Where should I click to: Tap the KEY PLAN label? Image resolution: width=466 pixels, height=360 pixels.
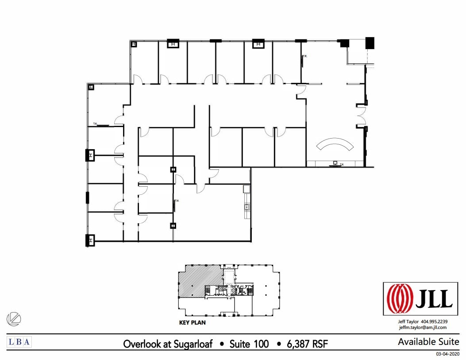192,323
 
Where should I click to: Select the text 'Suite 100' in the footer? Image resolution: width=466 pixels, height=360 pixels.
249,344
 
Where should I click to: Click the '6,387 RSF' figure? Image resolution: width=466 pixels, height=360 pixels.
305,344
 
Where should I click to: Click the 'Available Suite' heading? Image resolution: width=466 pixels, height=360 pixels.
428,341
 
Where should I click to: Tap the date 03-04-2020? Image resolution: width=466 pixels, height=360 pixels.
447,354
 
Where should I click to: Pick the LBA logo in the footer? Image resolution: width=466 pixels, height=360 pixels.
19,341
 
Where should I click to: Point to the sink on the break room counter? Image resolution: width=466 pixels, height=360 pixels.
246,207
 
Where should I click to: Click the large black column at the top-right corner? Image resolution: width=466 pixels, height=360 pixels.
370,43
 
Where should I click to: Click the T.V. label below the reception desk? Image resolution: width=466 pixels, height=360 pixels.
340,165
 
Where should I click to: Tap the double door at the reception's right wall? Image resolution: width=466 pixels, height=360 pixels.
361,116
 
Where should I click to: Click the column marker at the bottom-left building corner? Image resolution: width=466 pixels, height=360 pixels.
90,240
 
